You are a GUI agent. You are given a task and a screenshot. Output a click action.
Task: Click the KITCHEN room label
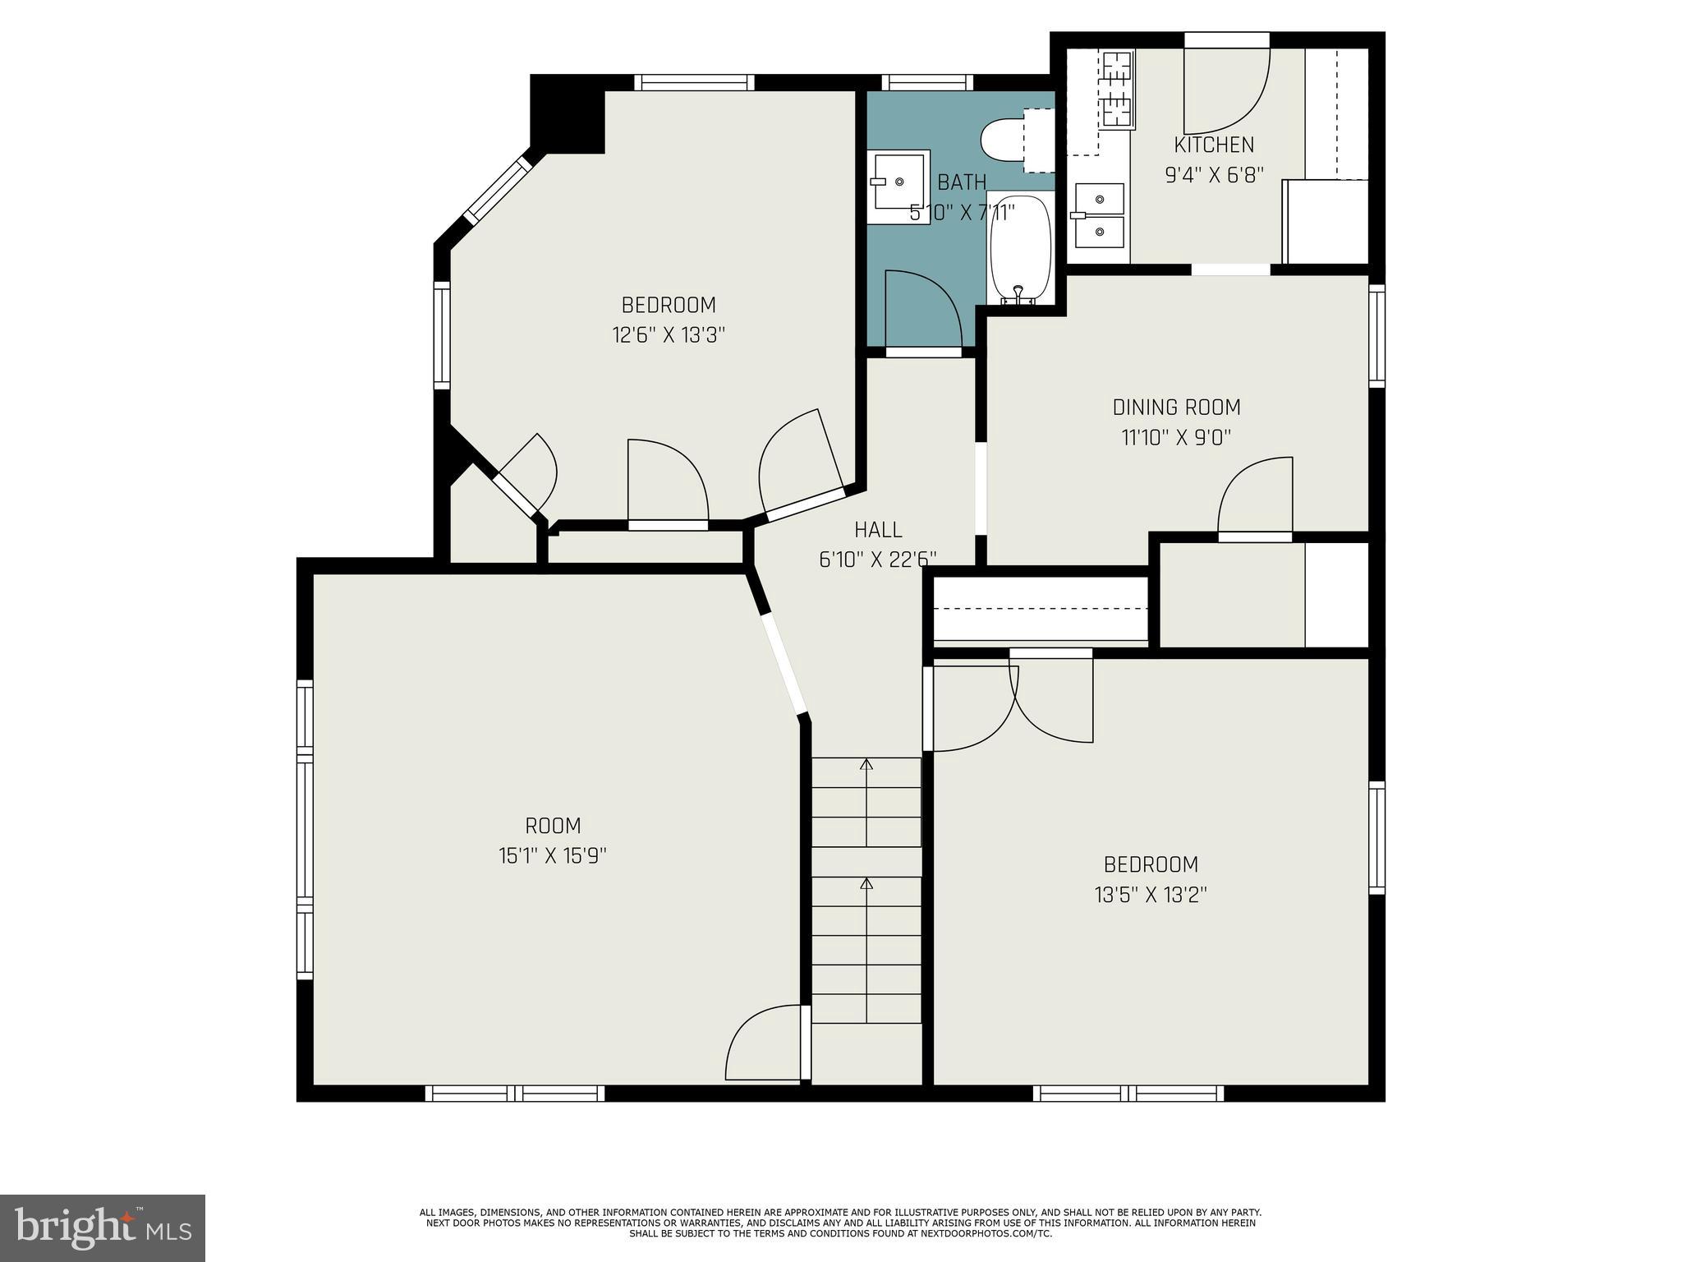(1214, 145)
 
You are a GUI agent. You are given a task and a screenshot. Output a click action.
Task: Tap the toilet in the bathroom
(1004, 140)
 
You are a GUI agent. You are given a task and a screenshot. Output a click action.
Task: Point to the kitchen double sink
(1099, 215)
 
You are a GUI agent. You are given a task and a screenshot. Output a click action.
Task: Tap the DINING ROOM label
(1176, 407)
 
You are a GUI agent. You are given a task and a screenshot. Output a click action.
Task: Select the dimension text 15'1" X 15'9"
(552, 856)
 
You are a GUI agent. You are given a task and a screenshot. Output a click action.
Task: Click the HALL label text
(878, 529)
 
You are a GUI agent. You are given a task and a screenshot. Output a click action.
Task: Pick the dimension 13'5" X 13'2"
(1150, 895)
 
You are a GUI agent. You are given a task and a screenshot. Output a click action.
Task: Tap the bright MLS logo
(103, 1227)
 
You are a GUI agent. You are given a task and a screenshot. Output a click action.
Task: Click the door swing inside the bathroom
(921, 308)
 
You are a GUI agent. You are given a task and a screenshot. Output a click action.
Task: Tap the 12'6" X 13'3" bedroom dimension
(669, 335)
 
